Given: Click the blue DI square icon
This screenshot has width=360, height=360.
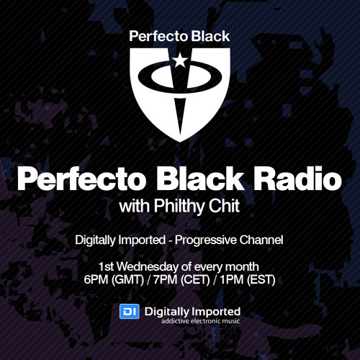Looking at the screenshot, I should point(127,312).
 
